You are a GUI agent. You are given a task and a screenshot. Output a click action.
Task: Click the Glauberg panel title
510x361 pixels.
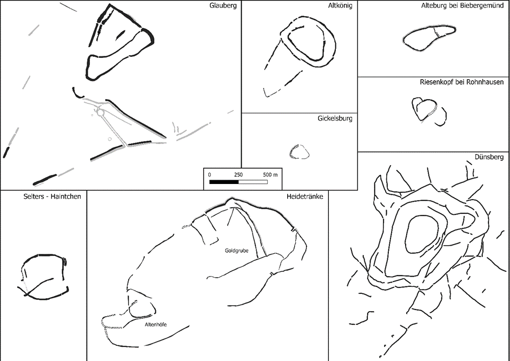point(223,5)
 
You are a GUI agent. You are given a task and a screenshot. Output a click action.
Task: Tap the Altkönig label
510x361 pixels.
point(340,5)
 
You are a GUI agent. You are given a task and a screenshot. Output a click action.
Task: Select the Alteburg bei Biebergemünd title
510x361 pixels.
point(462,5)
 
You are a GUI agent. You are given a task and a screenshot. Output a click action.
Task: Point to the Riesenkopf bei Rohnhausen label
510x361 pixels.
point(462,82)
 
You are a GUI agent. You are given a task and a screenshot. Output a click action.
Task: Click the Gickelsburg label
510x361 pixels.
point(335,118)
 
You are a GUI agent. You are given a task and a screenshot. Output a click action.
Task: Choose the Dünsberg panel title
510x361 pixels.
point(489,157)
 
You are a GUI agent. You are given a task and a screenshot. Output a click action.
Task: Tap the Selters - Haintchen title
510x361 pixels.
point(52,196)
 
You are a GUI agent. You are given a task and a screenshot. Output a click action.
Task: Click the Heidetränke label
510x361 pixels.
point(305,196)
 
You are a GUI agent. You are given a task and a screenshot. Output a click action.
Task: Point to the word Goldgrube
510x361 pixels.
point(236,251)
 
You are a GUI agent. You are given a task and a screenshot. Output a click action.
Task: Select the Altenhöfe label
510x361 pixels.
point(155,324)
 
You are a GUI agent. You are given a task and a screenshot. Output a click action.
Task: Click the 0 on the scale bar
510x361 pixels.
point(209,175)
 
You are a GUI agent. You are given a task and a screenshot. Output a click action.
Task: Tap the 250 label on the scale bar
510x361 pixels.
point(239,175)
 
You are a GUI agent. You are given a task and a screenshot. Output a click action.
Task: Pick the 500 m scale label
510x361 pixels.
point(270,175)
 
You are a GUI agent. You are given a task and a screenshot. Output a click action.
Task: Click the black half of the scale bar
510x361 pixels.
point(224,182)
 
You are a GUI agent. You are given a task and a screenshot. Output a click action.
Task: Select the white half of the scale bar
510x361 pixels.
point(253,182)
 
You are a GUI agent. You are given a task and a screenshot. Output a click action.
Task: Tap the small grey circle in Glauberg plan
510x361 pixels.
point(110,139)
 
